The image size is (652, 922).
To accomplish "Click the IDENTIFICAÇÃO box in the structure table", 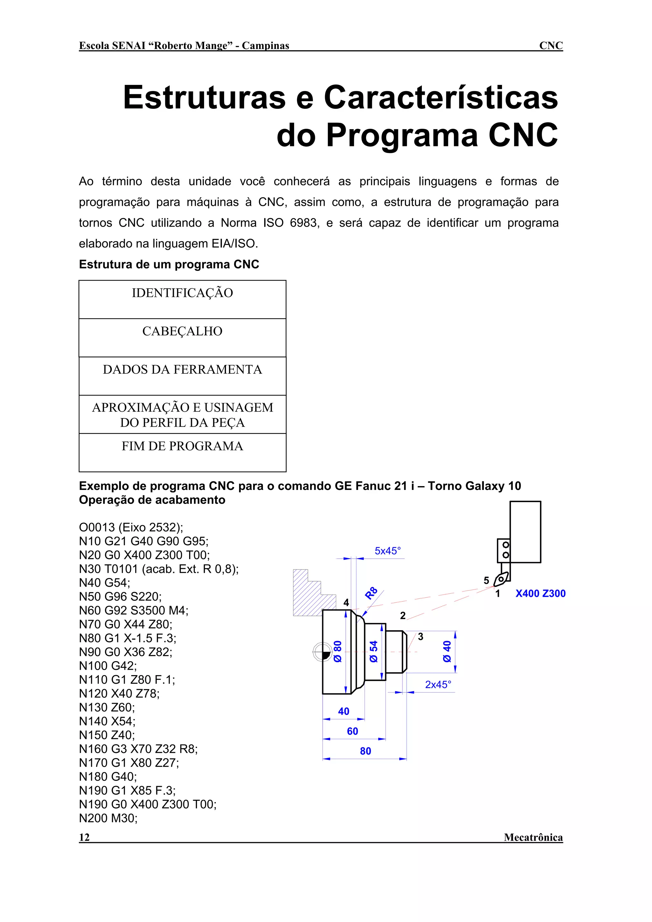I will tap(182, 299).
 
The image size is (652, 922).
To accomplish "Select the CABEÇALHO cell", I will tap(182, 337).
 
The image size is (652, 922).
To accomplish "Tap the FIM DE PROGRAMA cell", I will tap(182, 452).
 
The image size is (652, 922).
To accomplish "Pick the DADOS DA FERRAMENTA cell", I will tap(182, 375).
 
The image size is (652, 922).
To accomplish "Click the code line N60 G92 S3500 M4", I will tap(133, 611).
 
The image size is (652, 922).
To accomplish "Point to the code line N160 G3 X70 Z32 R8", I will tap(138, 749).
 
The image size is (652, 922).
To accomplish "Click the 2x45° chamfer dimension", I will tap(438, 685).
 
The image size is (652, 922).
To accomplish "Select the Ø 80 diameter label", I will tap(338, 651).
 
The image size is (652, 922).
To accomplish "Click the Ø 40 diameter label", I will tap(447, 651).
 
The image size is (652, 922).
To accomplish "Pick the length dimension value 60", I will tap(352, 731).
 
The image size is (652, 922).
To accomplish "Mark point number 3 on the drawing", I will tap(420, 637).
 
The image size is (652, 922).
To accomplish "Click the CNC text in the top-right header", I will tap(551, 46).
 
